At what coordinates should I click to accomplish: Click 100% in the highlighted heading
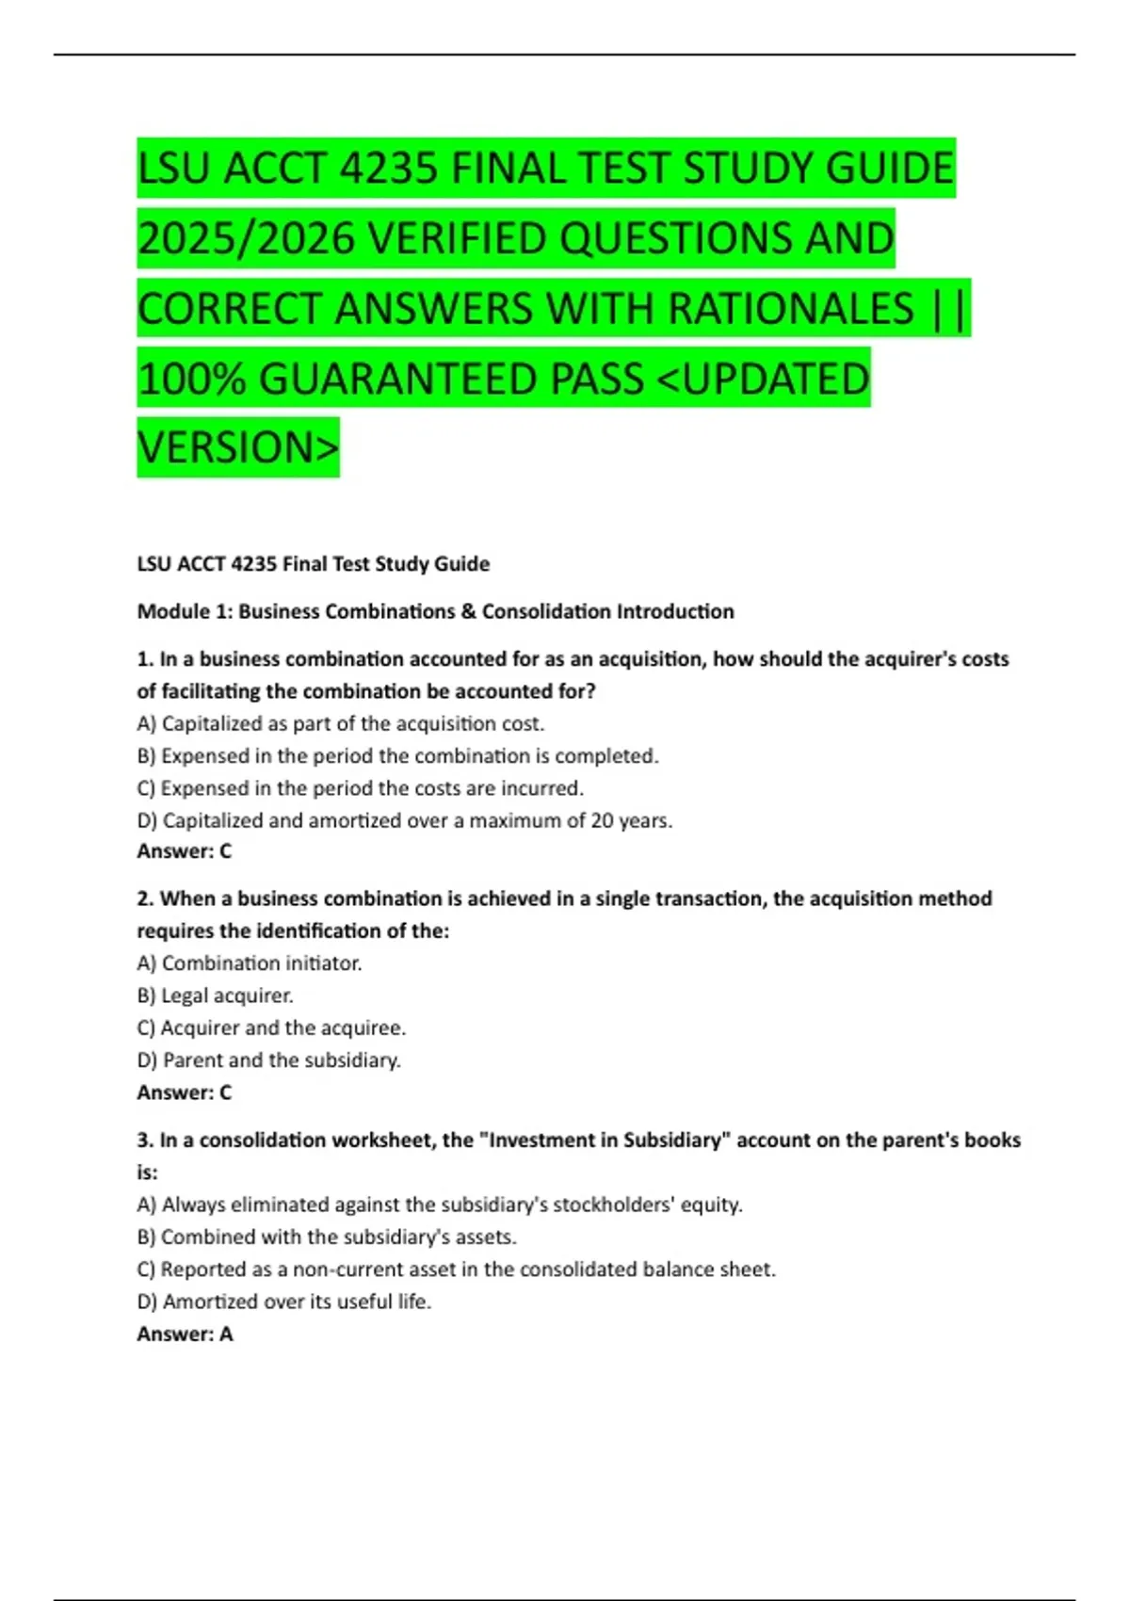pyautogui.click(x=191, y=379)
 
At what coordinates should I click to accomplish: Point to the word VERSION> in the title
pyautogui.click(x=238, y=447)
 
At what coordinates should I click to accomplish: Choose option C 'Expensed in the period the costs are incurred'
pyautogui.click(x=361, y=788)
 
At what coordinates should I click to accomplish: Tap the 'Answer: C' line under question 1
pyautogui.click(x=185, y=851)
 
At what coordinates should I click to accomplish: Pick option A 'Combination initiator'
pyautogui.click(x=250, y=963)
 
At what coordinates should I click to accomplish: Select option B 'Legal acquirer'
pyautogui.click(x=216, y=995)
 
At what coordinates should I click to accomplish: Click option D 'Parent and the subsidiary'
pyautogui.click(x=269, y=1060)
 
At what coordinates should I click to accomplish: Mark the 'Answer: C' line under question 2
pyautogui.click(x=185, y=1092)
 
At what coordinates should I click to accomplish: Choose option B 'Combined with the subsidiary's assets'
pyautogui.click(x=327, y=1237)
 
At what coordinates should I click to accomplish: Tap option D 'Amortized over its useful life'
pyautogui.click(x=283, y=1302)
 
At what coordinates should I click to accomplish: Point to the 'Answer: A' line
pyautogui.click(x=185, y=1334)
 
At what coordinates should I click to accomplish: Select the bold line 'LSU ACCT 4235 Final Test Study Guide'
pyautogui.click(x=314, y=564)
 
